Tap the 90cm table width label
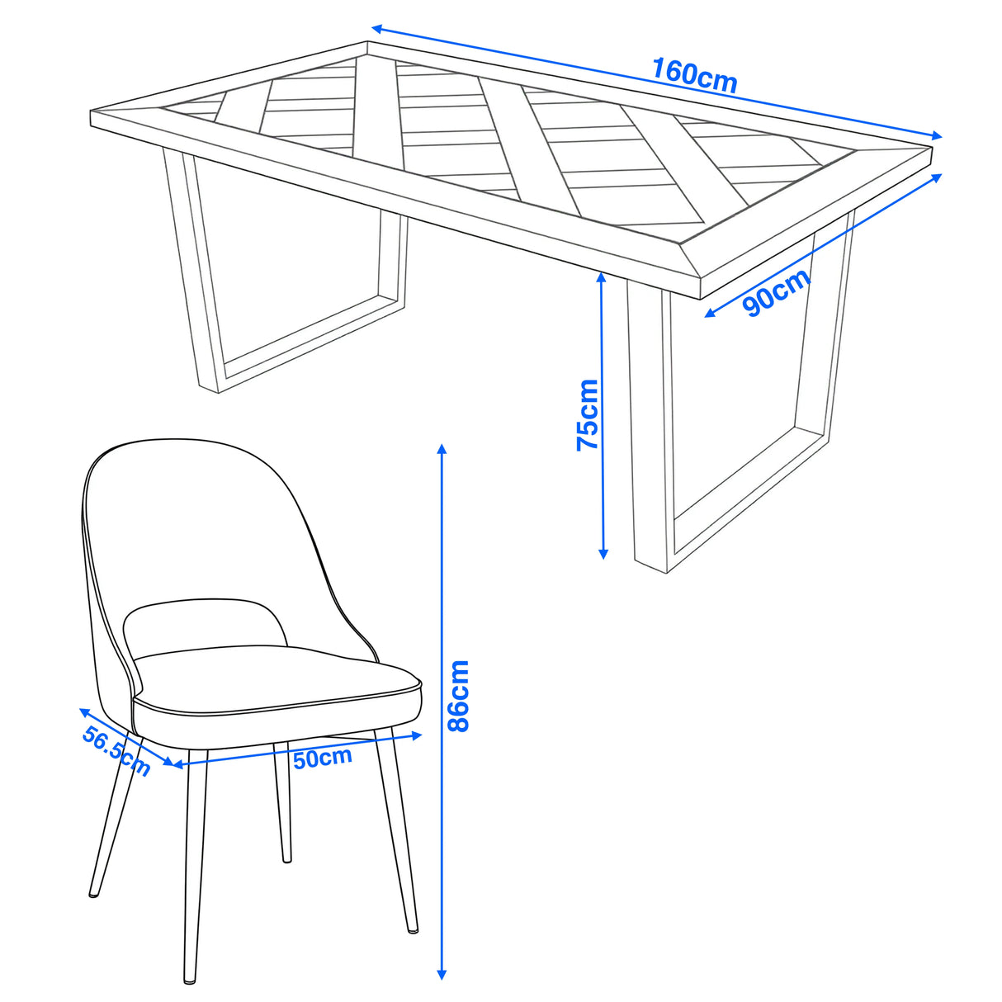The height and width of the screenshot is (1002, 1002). pyautogui.click(x=776, y=293)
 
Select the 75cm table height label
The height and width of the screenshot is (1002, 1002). pyautogui.click(x=588, y=414)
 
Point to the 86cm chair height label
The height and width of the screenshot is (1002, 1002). pyautogui.click(x=457, y=695)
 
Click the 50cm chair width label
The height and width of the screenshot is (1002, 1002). pyautogui.click(x=323, y=757)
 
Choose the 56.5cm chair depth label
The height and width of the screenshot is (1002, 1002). pyautogui.click(x=116, y=751)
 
